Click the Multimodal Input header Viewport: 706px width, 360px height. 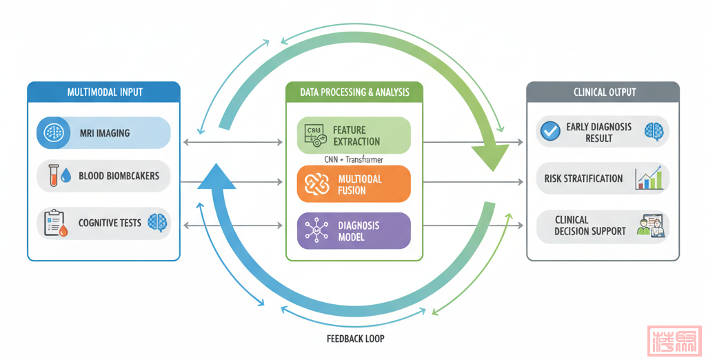pos(104,92)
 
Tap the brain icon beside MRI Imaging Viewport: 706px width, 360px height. pos(53,132)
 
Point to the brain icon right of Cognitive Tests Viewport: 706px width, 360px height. pos(157,222)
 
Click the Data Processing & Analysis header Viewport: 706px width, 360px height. pos(354,92)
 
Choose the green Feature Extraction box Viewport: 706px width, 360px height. pos(354,135)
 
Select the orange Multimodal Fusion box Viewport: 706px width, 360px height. pos(354,183)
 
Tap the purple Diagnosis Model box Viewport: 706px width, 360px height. pos(354,230)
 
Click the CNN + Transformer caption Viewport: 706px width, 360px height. pos(354,159)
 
